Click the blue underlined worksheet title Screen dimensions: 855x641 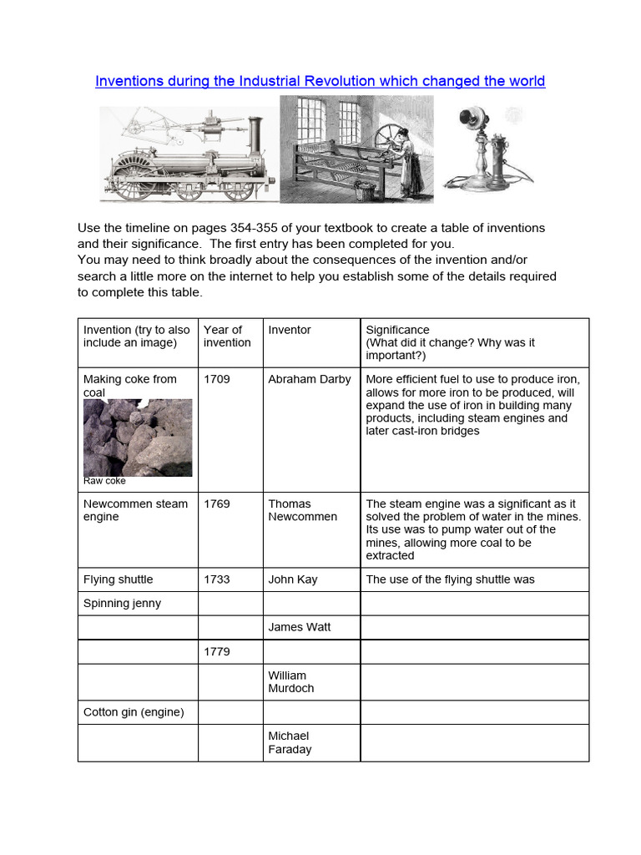[x=320, y=81]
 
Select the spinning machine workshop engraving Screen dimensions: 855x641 [x=356, y=149]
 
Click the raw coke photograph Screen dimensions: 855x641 [x=138, y=437]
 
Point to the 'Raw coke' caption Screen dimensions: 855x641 [x=104, y=481]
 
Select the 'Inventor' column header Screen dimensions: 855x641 [x=289, y=330]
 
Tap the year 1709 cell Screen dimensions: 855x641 [x=217, y=379]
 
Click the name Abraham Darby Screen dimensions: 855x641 [x=309, y=379]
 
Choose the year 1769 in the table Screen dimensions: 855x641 [x=217, y=503]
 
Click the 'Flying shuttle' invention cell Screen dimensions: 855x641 [x=119, y=579]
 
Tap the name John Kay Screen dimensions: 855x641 [x=292, y=579]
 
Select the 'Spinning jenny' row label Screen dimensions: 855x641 [x=123, y=603]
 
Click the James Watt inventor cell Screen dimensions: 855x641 [x=299, y=627]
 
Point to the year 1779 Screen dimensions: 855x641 [x=217, y=651]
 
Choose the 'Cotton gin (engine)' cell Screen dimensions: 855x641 [x=134, y=712]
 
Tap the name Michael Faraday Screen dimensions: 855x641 [x=290, y=742]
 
